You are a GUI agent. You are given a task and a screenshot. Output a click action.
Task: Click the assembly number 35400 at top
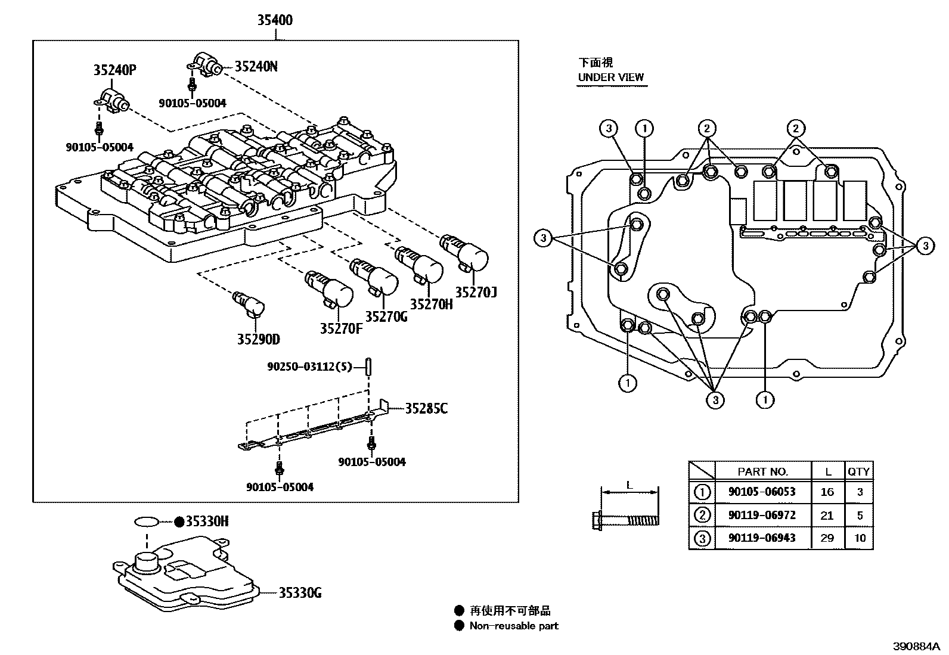[x=275, y=20]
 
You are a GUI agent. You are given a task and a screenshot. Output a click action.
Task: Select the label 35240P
[x=114, y=70]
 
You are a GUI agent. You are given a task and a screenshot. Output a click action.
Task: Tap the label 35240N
[x=256, y=66]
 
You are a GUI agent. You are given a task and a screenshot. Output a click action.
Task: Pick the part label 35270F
[x=340, y=328]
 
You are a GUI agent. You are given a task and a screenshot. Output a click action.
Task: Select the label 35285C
[x=426, y=408]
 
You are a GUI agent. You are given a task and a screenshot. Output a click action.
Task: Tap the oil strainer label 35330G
[x=300, y=592]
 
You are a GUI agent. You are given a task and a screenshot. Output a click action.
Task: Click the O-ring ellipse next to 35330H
[x=147, y=522]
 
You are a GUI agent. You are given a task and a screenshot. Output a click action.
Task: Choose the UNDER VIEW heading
[x=610, y=77]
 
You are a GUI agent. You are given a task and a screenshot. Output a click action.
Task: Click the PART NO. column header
[x=762, y=471]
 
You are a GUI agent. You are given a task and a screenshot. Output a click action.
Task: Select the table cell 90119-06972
[x=762, y=515]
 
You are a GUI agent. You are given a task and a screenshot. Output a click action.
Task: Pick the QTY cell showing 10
[x=859, y=538]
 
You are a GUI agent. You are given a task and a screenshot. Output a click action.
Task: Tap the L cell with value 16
[x=827, y=492]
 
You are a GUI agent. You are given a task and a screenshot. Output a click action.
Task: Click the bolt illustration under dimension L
[x=626, y=520]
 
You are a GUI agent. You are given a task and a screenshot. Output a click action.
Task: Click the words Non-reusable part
[x=514, y=626]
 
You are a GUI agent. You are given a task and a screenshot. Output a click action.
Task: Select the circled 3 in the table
[x=703, y=538]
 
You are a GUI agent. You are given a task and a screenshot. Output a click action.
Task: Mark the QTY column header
[x=859, y=471]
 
